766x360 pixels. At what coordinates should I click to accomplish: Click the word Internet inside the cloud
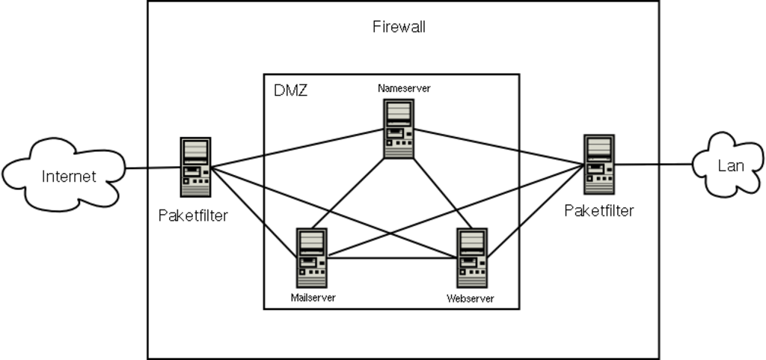(x=69, y=177)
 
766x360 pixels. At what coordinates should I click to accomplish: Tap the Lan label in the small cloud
(x=730, y=166)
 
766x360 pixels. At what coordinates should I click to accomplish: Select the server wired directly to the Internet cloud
(x=194, y=167)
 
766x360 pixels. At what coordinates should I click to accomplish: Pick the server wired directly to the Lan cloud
(x=599, y=165)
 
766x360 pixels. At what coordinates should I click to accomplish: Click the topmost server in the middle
(x=398, y=128)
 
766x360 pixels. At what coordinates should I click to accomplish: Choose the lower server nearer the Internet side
(x=311, y=257)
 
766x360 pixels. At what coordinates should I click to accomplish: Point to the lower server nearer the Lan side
(x=472, y=257)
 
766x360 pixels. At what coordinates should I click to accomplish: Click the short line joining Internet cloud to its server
(x=153, y=167)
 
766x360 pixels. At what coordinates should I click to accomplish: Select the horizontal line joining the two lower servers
(x=392, y=258)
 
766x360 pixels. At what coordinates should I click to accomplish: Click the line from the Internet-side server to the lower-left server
(x=254, y=213)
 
